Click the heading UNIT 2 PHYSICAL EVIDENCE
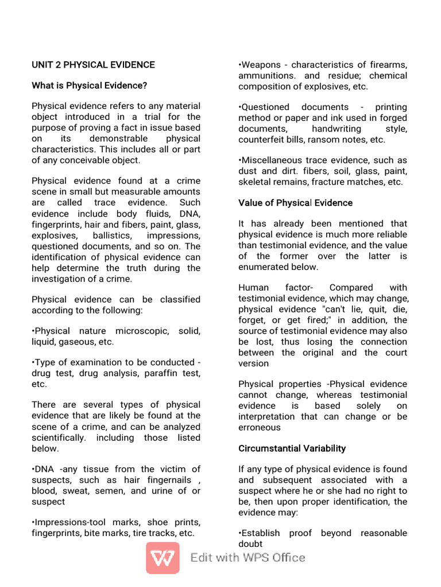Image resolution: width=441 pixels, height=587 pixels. pyautogui.click(x=93, y=65)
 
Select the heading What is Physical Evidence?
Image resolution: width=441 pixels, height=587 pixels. pyautogui.click(x=89, y=85)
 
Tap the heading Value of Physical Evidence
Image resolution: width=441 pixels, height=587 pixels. pyautogui.click(x=295, y=203)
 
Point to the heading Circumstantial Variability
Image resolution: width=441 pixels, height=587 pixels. pyautogui.click(x=292, y=448)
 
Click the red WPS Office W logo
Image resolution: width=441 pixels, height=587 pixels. pyautogui.click(x=162, y=558)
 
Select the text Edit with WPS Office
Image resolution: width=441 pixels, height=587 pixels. pyautogui.click(x=247, y=558)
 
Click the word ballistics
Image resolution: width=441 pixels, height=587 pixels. pyautogui.click(x=111, y=236)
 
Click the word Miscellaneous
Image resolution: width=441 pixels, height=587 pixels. pyautogui.click(x=269, y=161)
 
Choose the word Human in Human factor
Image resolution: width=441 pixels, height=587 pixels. pyautogui.click(x=253, y=288)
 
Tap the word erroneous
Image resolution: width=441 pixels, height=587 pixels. pyautogui.click(x=260, y=427)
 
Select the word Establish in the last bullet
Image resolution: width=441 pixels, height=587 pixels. pyautogui.click(x=262, y=533)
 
